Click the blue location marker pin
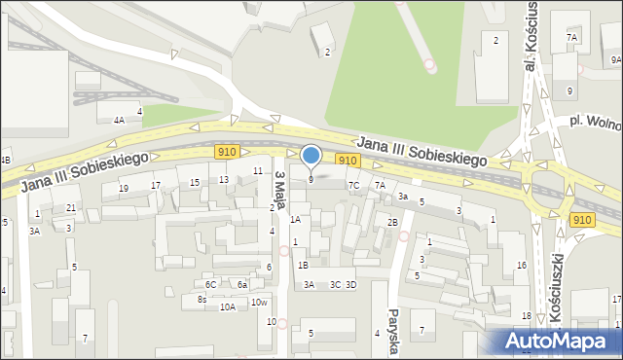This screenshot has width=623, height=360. pos(311,156)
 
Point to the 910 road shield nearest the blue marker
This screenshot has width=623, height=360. pos(347,160)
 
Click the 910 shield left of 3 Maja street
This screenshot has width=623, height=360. pos(227,152)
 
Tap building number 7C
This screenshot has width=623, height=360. pos(354,185)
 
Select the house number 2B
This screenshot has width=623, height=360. pos(392,223)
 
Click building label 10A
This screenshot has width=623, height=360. pos(227,306)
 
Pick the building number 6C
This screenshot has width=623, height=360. pos(210,284)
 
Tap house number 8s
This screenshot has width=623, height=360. pos(202,300)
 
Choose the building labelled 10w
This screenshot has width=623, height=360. pos(259,302)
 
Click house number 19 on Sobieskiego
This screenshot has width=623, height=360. pos(124,188)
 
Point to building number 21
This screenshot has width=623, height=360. pos(70,208)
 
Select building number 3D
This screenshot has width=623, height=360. pos(351,284)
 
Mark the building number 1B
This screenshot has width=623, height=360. pos(303,265)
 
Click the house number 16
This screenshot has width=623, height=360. pos(522,266)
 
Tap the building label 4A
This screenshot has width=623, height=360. pos(119,120)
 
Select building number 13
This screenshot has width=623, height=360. pos(224,179)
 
